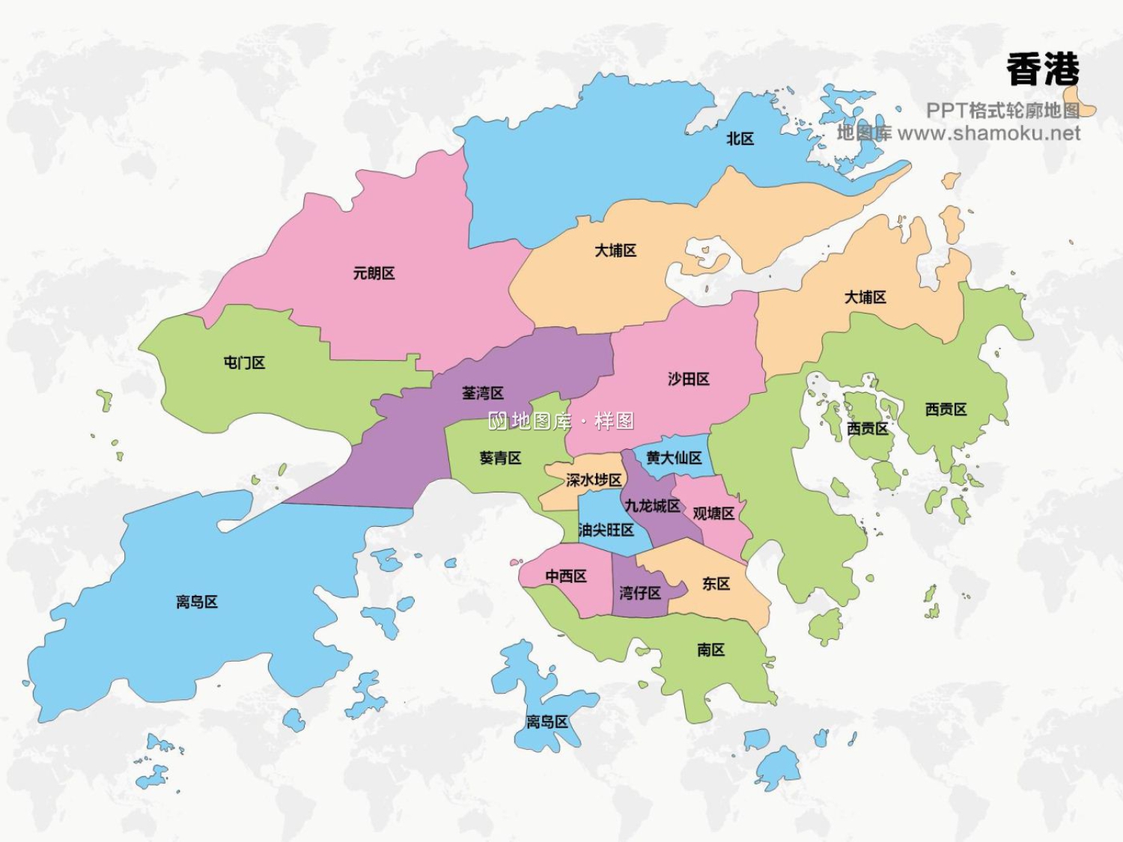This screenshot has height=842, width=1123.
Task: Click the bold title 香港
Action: point(1043,70)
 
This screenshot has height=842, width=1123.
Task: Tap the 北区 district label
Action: point(740,138)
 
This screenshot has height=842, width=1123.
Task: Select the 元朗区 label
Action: point(374,273)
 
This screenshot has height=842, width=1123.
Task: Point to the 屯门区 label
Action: point(244,363)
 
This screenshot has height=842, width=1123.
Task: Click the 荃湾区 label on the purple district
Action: point(482,393)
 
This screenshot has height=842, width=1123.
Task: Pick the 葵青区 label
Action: point(500,457)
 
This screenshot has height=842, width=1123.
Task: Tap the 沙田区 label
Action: point(688,379)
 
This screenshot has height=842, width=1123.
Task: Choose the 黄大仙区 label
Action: point(674,457)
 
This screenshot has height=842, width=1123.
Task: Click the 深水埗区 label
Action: point(594,480)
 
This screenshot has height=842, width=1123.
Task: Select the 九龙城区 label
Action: point(652,506)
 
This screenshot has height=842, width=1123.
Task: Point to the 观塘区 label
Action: point(713,513)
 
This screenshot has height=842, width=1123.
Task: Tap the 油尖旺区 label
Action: point(606,530)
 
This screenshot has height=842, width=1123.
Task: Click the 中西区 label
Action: point(565,576)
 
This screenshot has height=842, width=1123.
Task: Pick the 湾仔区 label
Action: point(639,593)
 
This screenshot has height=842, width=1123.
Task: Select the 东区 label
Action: point(716,583)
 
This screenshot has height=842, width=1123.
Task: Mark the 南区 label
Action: point(710,650)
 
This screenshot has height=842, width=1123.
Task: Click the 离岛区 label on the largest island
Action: point(197,602)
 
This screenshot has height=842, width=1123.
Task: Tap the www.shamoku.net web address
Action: point(988,133)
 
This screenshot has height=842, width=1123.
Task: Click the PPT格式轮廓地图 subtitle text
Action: point(1002,111)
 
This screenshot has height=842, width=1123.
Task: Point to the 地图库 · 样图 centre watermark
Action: point(561,421)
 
